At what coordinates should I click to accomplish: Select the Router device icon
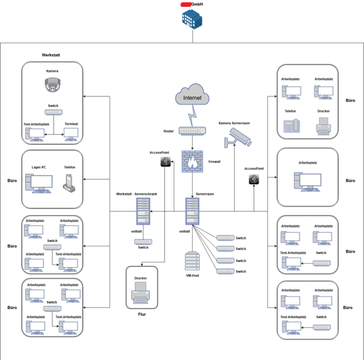pyautogui.click(x=192, y=131)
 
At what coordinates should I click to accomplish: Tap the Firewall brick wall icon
pyautogui.click(x=192, y=162)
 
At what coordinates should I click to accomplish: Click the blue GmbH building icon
pyautogui.click(x=192, y=19)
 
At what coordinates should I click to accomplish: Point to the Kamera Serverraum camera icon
pyautogui.click(x=238, y=138)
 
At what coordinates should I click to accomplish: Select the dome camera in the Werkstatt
pyautogui.click(x=53, y=85)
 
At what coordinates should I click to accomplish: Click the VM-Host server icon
pyautogui.click(x=192, y=261)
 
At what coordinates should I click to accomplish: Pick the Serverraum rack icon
pyautogui.click(x=192, y=211)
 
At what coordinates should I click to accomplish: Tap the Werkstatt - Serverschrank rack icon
pyautogui.click(x=143, y=211)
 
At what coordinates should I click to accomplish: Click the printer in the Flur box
pyautogui.click(x=141, y=293)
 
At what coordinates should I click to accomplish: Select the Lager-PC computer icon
pyautogui.click(x=39, y=183)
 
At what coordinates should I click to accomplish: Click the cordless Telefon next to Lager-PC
pyautogui.click(x=69, y=183)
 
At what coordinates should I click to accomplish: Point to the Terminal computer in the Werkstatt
pyautogui.click(x=71, y=134)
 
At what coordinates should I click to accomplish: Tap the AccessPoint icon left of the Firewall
pyautogui.click(x=165, y=162)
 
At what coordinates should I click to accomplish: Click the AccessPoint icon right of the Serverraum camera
pyautogui.click(x=254, y=180)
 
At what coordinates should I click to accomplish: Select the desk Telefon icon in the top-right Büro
pyautogui.click(x=292, y=126)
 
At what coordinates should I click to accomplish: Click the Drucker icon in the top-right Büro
pyautogui.click(x=323, y=126)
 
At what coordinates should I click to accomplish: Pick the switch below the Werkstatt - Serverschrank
pyautogui.click(x=143, y=242)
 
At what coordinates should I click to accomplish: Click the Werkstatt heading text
pyautogui.click(x=51, y=55)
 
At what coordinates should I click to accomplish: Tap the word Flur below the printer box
pyautogui.click(x=142, y=314)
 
